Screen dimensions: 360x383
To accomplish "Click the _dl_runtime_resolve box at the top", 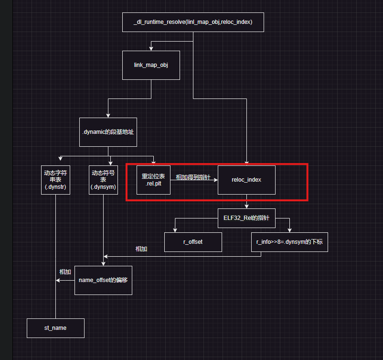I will click(193, 22).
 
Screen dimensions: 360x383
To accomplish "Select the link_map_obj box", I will click(151, 65).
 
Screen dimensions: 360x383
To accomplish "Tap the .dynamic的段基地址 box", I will click(108, 131).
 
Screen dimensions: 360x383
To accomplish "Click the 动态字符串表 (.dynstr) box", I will click(55, 180).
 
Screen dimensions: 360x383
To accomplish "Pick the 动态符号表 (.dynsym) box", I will click(103, 180).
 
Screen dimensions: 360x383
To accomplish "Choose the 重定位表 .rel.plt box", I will click(153, 180).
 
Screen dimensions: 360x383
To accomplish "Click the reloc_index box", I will click(246, 180).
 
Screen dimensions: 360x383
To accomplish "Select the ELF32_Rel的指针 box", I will click(246, 218).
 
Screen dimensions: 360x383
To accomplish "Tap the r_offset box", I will click(193, 242).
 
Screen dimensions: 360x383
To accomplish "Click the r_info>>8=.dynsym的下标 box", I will click(289, 242).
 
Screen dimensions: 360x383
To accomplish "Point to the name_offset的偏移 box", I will click(103, 280).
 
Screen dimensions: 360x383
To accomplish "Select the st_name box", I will click(55, 328).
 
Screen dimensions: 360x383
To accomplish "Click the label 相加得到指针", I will click(193, 177).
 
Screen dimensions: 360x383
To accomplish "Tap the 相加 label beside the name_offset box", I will click(65, 272).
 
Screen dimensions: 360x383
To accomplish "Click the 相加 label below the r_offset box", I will click(141, 249).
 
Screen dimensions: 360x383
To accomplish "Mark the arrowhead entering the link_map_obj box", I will click(151, 48).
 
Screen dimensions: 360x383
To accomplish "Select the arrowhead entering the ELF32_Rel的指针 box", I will click(246, 206).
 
